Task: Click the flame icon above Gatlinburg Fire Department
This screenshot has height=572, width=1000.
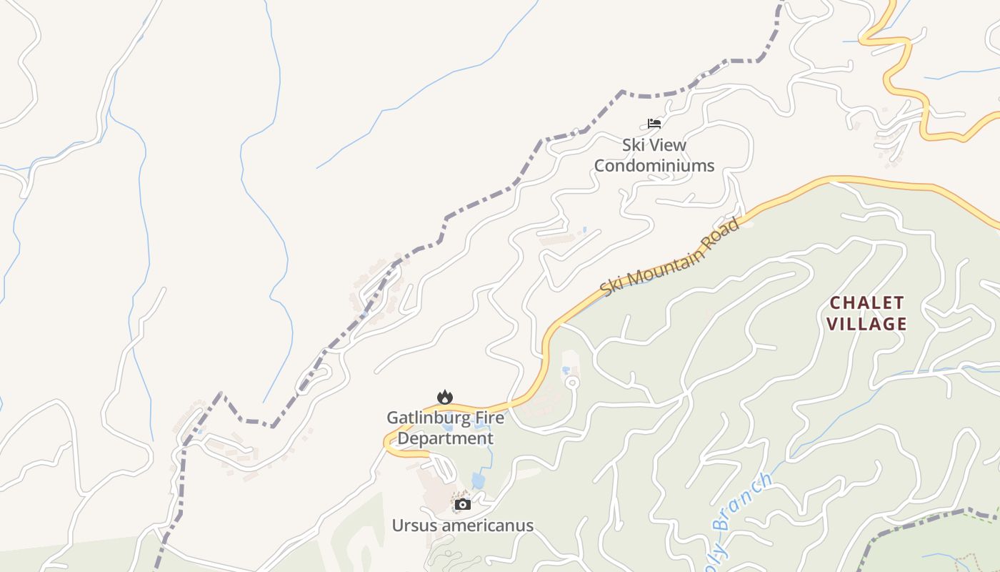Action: (x=445, y=397)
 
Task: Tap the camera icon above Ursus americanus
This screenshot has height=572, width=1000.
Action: (x=463, y=504)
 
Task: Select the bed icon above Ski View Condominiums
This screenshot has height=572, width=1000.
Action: (x=654, y=124)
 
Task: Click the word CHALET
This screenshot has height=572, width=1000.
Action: (x=866, y=302)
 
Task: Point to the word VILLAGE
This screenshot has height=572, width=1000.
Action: (x=866, y=324)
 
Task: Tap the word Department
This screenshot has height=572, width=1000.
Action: (x=445, y=438)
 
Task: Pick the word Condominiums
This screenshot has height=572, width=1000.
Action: (x=654, y=166)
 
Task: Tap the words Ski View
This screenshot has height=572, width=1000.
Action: (x=654, y=145)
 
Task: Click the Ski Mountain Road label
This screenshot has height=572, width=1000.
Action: (x=670, y=257)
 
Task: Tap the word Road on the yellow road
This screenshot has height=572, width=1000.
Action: (x=722, y=230)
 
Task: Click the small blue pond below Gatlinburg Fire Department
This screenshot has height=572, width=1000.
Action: (x=478, y=480)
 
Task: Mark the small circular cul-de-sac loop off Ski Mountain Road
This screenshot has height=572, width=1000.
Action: (x=571, y=383)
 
